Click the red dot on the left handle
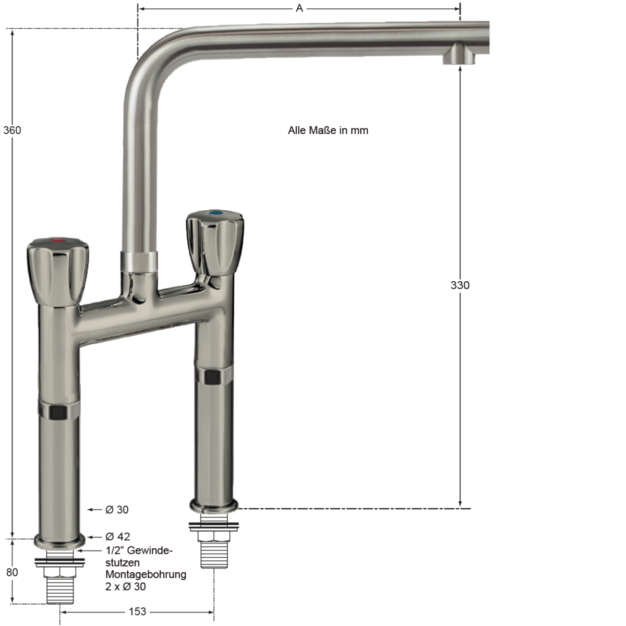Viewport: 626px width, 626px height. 58,241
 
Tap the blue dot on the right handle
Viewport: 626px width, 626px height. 216,213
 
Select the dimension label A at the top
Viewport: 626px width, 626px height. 299,8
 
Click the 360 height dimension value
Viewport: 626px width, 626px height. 12,130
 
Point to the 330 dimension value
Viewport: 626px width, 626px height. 460,285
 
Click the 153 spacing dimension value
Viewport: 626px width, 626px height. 137,612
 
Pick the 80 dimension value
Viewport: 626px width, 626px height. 12,572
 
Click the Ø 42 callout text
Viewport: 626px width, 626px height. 118,536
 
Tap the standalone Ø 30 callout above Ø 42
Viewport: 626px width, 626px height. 117,509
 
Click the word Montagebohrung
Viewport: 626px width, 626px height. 146,574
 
